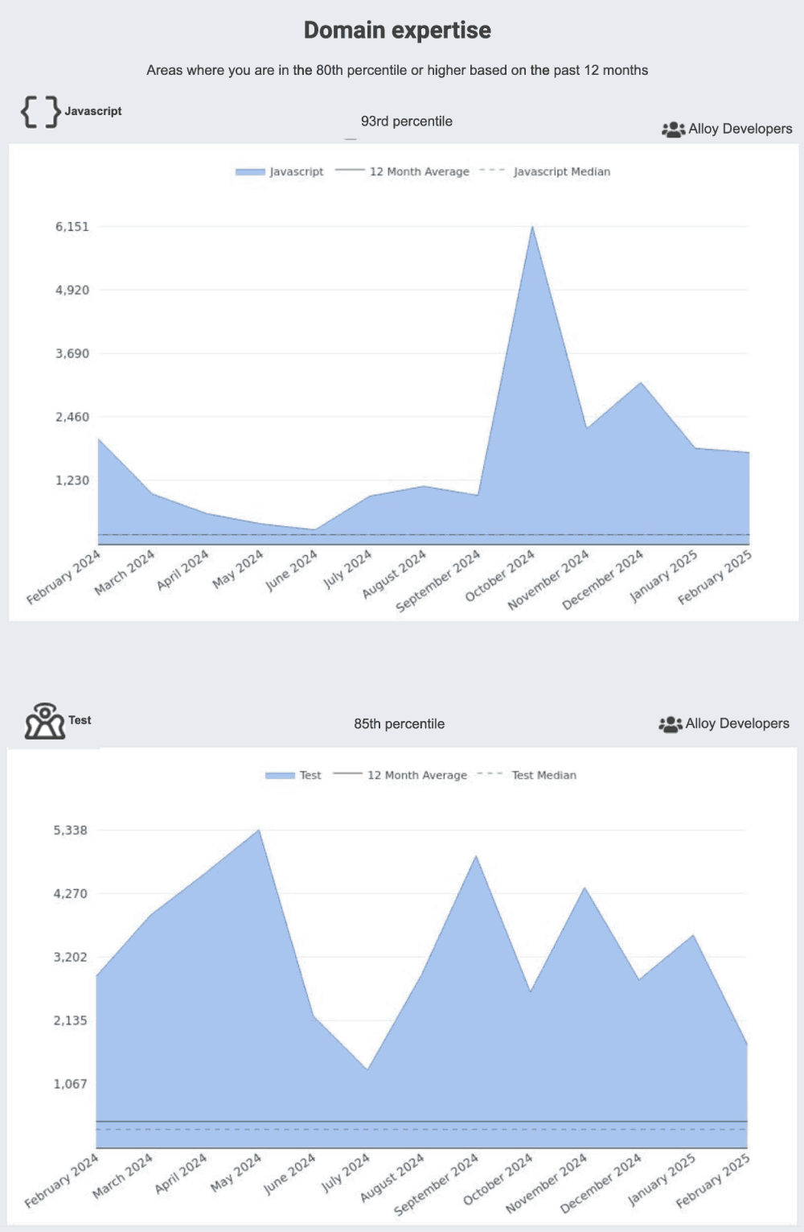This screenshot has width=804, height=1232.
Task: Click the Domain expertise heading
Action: (x=397, y=31)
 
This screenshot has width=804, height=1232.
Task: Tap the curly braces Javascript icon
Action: (x=41, y=112)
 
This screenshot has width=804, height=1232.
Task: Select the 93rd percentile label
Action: (x=406, y=122)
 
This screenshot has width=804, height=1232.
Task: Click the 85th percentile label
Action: (x=399, y=723)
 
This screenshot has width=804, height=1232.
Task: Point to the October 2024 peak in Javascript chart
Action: (x=532, y=227)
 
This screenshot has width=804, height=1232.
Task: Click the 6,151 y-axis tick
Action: (x=72, y=227)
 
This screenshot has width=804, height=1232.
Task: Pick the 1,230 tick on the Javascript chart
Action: (x=72, y=480)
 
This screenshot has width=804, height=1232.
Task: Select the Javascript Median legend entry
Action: (x=561, y=171)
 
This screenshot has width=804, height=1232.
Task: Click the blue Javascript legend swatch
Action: (x=250, y=172)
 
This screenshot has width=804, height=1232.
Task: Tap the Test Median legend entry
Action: (x=544, y=775)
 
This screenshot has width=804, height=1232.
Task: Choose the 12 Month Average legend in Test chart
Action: (x=416, y=775)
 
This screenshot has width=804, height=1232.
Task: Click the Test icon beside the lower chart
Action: (x=45, y=721)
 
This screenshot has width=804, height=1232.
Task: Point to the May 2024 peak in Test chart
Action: (x=259, y=830)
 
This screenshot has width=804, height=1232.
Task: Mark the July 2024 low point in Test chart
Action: (x=367, y=1069)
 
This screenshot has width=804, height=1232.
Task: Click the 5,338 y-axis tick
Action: (x=71, y=830)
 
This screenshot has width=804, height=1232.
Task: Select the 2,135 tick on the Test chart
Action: (x=71, y=1020)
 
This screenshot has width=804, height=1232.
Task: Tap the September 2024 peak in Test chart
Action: (x=476, y=856)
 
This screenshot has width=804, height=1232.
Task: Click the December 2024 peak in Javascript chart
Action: (x=641, y=383)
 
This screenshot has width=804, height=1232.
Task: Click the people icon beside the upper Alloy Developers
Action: (x=672, y=129)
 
